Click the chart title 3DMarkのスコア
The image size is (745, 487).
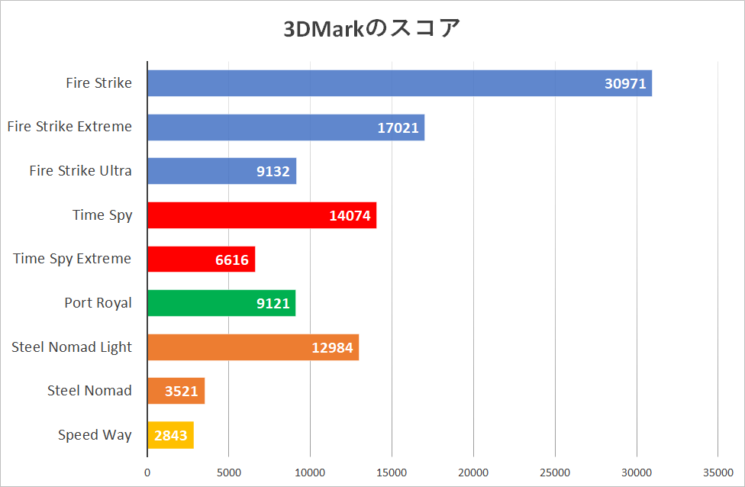(372, 29)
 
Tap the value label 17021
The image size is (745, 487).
(398, 127)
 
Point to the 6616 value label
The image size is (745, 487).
(232, 260)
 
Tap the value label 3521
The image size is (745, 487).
(182, 392)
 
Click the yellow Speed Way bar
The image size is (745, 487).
(169, 435)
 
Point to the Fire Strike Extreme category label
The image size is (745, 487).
(69, 127)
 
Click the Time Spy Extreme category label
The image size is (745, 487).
(73, 259)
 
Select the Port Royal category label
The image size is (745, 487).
(98, 303)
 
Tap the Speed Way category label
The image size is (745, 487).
(95, 435)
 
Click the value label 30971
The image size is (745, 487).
(625, 83)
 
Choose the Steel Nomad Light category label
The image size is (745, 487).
(72, 347)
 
